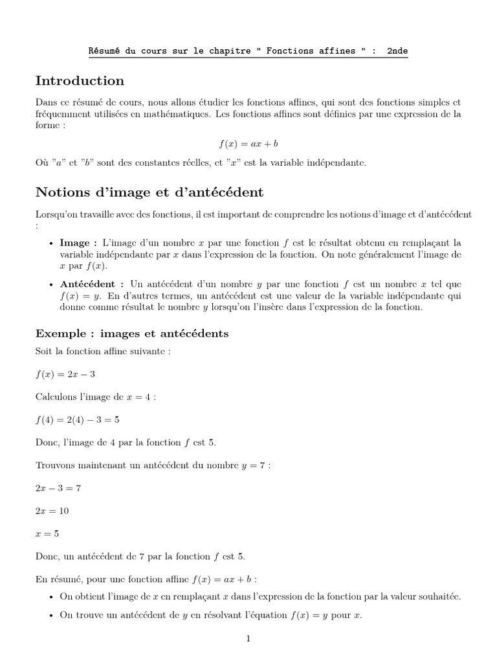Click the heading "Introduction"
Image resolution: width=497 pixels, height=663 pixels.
[x=80, y=81]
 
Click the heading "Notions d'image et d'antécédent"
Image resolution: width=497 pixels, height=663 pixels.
[x=149, y=192]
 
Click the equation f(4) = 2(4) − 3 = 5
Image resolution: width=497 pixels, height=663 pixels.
[x=78, y=419]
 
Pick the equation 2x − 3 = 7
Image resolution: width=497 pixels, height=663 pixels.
[x=58, y=488]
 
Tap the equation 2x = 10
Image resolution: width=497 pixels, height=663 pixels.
[x=52, y=510]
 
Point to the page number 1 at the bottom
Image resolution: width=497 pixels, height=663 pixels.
[x=248, y=639]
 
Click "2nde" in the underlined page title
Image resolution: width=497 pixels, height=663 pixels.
[x=397, y=51]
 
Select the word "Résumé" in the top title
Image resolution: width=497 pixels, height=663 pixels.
[x=104, y=51]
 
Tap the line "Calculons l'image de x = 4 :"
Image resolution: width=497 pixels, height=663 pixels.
[x=96, y=397]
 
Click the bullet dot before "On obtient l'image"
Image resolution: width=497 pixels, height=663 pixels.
[x=52, y=597]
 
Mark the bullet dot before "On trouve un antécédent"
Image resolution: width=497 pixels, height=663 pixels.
[x=52, y=616]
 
